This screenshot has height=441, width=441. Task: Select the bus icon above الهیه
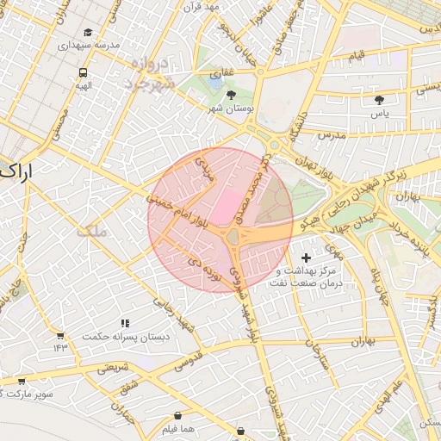83,73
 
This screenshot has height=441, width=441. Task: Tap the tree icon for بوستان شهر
231,95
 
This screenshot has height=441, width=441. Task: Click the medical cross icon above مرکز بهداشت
307,258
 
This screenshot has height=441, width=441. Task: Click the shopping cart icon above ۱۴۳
59,335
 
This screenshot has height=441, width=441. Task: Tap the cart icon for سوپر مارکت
22,380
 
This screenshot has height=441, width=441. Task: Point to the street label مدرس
330,135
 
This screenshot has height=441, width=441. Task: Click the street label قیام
356,55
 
